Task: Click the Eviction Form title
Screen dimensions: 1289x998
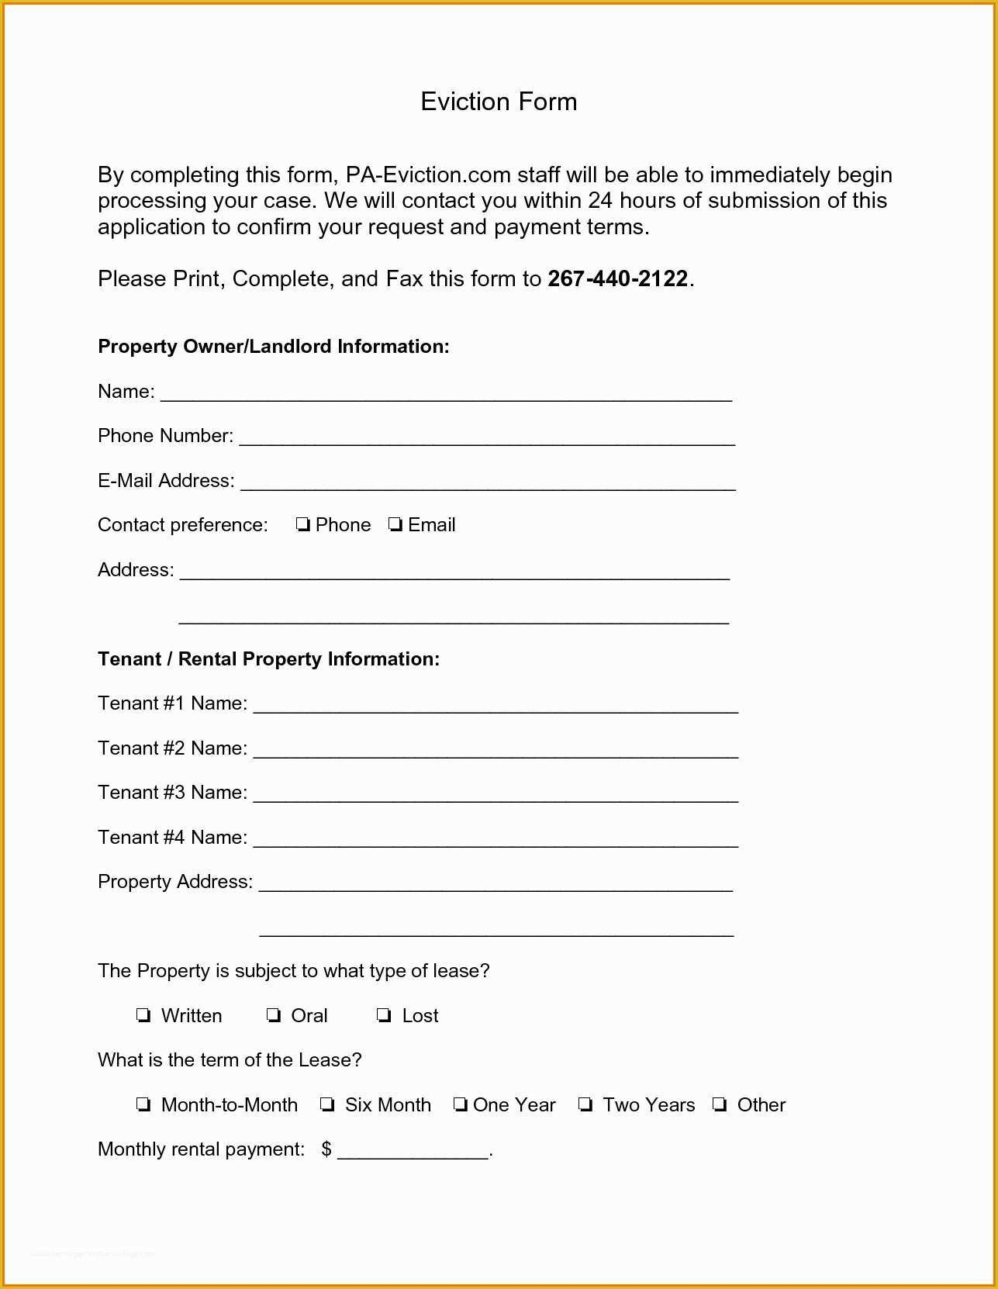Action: (x=499, y=102)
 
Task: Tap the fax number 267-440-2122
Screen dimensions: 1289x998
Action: (x=617, y=278)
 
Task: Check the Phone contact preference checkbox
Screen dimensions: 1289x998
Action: (x=303, y=525)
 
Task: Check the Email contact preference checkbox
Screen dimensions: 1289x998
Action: (x=395, y=525)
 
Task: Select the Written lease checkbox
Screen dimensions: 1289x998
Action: (x=143, y=1015)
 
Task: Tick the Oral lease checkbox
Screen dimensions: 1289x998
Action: (x=274, y=1015)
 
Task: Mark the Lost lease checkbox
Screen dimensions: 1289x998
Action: (x=384, y=1015)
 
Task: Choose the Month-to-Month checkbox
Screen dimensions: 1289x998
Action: (x=143, y=1104)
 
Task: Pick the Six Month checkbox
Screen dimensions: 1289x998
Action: (x=327, y=1104)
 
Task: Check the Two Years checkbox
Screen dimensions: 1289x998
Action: (x=585, y=1104)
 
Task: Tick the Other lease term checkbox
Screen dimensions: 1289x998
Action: (x=720, y=1104)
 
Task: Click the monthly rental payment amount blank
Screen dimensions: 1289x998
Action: (x=413, y=1150)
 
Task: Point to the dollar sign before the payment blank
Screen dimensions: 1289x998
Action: (x=326, y=1149)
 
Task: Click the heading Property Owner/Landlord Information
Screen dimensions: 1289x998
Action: (x=273, y=346)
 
